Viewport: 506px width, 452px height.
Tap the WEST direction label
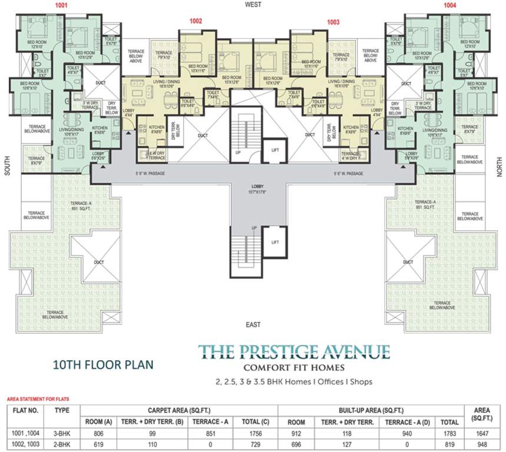tap(254, 5)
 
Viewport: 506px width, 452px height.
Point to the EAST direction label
tap(254, 324)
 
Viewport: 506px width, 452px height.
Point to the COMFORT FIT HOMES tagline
tap(294, 368)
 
